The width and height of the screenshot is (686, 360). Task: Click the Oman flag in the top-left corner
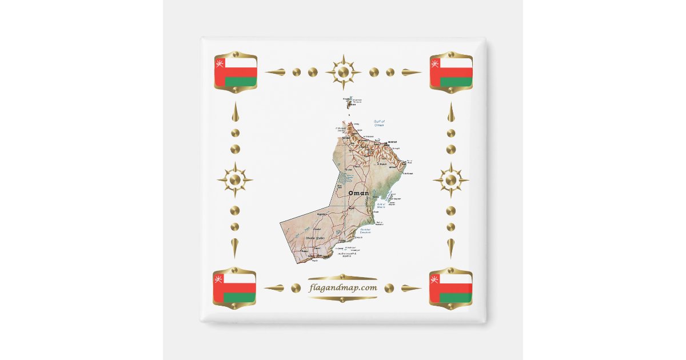pyautogui.click(x=236, y=72)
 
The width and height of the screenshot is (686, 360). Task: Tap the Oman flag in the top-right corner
pyautogui.click(x=451, y=72)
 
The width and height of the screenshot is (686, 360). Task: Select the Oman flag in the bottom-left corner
pyautogui.click(x=235, y=288)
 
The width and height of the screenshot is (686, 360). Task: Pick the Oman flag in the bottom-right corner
pyautogui.click(x=451, y=288)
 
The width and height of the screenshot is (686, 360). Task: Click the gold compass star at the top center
pyautogui.click(x=343, y=72)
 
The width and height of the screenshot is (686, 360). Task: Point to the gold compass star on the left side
pyautogui.click(x=235, y=180)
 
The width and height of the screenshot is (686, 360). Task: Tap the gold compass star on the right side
pyautogui.click(x=451, y=180)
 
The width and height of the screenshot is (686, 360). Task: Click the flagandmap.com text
pyautogui.click(x=343, y=287)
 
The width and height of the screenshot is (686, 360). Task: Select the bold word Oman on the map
pyautogui.click(x=358, y=193)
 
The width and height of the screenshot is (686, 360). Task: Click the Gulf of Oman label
pyautogui.click(x=378, y=123)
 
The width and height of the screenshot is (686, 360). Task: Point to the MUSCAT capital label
pyautogui.click(x=392, y=141)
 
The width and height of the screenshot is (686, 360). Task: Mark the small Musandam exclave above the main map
pyautogui.click(x=350, y=102)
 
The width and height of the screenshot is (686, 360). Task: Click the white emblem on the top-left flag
pyautogui.click(x=219, y=62)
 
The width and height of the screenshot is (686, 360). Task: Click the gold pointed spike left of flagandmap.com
pyautogui.click(x=274, y=288)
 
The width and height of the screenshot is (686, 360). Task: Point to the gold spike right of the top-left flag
pyautogui.click(x=275, y=72)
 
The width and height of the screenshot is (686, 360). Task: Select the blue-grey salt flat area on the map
pyautogui.click(x=342, y=177)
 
